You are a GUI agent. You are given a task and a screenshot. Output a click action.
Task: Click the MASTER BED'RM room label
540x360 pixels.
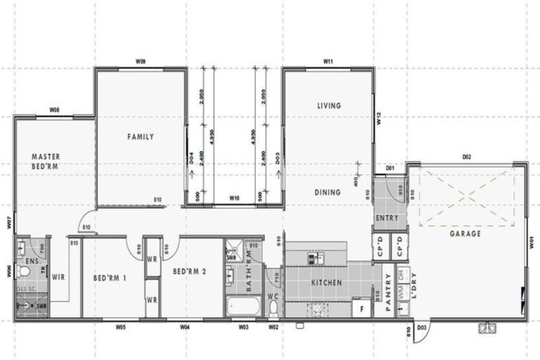(45, 161)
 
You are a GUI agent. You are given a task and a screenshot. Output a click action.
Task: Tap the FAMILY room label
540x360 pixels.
(141, 137)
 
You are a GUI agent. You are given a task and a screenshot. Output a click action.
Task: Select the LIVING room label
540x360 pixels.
(328, 105)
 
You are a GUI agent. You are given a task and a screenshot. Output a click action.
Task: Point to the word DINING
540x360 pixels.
(328, 192)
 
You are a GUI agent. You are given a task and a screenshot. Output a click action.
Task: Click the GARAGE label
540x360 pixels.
(466, 233)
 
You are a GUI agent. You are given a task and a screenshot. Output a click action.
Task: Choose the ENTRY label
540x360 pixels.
(387, 218)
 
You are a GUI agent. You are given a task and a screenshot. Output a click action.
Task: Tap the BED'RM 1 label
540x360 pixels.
(110, 278)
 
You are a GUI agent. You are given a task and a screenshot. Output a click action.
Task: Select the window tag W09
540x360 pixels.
(141, 63)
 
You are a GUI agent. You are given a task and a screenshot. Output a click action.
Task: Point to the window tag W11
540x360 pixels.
(328, 63)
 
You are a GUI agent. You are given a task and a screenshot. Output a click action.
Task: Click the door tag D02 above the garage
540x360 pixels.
(466, 157)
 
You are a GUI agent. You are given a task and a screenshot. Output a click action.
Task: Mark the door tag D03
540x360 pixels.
(423, 328)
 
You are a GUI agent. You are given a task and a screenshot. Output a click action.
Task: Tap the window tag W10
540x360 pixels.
(235, 199)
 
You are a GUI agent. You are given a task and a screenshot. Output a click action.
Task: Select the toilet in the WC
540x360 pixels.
(274, 307)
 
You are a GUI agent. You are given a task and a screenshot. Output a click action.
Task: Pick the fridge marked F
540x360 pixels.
(361, 308)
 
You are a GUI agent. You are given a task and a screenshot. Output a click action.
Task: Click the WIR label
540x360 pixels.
(58, 277)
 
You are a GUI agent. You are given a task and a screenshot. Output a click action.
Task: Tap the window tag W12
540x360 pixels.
(378, 120)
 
